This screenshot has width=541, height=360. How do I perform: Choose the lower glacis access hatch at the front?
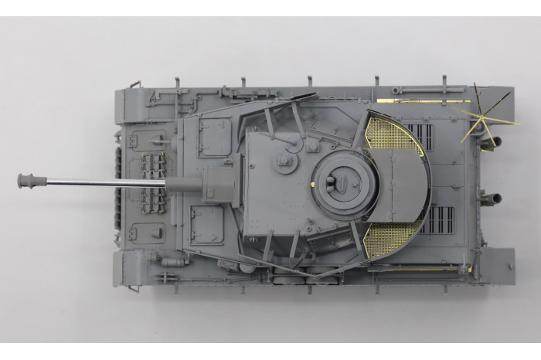148,231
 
